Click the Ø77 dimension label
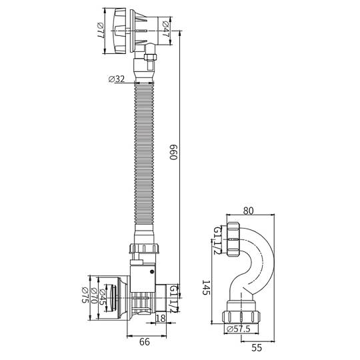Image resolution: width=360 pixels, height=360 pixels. point(101,31)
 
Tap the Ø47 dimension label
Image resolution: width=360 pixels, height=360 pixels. point(165,29)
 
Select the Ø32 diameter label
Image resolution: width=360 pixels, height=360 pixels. point(117,79)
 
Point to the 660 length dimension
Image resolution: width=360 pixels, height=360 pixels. point(173,152)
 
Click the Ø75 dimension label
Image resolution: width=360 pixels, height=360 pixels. point(85,295)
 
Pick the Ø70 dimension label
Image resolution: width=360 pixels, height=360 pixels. point(94,296)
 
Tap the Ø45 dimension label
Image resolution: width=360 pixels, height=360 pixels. point(103,297)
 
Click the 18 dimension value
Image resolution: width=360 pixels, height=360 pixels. point(161,318)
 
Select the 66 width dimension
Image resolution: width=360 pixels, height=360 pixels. point(145,342)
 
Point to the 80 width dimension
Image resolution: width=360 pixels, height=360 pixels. point(248,211)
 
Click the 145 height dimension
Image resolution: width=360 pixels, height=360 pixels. point(206,287)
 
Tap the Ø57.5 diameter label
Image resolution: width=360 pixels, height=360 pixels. point(239,329)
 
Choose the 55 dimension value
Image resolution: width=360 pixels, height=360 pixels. point(257,348)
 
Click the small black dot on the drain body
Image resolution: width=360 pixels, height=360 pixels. point(152,272)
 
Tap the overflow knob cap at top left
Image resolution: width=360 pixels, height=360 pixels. point(119,31)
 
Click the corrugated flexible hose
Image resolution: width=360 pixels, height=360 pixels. point(144,153)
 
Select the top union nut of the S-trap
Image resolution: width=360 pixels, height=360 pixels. point(233,239)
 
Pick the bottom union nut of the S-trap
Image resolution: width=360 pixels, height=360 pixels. point(241,317)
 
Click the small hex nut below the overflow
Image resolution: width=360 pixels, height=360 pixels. point(150,57)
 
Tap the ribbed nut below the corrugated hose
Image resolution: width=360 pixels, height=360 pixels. point(144,249)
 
